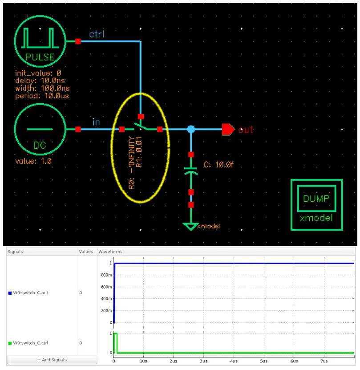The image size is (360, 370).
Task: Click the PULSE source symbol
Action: click(x=40, y=41)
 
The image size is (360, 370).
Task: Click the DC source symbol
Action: click(x=40, y=129)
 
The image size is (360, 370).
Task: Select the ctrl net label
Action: click(x=97, y=34)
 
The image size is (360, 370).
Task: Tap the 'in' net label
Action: click(x=96, y=122)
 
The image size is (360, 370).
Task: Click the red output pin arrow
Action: click(x=228, y=129)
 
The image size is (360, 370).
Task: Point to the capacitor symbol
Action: click(x=191, y=171)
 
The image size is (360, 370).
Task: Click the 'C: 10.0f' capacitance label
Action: click(x=218, y=164)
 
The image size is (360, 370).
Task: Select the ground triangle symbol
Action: click(x=190, y=227)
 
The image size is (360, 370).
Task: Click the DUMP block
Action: click(x=316, y=205)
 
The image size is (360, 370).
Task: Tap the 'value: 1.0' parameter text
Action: click(x=33, y=161)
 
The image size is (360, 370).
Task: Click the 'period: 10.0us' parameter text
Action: click(x=42, y=96)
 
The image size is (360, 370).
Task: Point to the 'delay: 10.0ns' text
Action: click(x=40, y=81)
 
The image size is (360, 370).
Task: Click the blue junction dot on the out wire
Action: click(x=191, y=129)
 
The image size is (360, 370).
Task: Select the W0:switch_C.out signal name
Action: click(x=30, y=293)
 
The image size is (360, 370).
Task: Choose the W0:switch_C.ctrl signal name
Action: click(x=30, y=343)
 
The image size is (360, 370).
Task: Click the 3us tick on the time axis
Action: click(x=204, y=361)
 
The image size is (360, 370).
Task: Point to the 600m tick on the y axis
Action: click(x=106, y=287)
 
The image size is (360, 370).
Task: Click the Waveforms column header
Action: click(x=110, y=252)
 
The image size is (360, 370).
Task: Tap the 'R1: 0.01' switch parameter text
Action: click(x=139, y=152)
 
